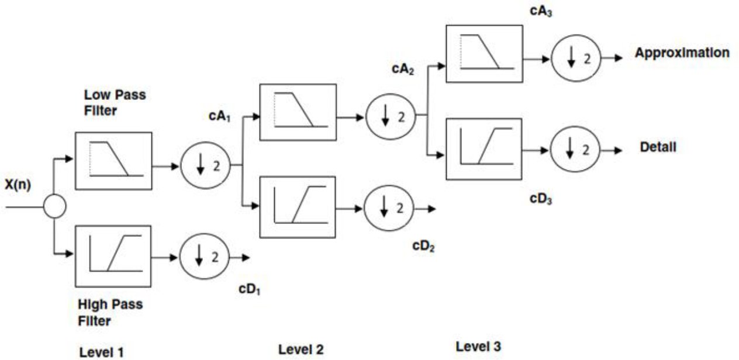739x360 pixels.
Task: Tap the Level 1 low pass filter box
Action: (113, 160)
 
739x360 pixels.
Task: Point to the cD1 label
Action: (250, 289)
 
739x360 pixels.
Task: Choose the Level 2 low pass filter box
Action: (298, 112)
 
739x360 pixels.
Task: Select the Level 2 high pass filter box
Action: (298, 207)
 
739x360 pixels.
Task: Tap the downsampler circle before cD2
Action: (389, 208)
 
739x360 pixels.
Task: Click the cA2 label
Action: (403, 70)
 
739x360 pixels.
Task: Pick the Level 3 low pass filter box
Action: (484, 53)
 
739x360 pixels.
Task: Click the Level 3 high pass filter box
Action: (484, 148)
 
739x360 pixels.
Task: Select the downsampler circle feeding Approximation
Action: (575, 59)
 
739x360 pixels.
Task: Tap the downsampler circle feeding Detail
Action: (575, 150)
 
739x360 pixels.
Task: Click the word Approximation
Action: (682, 53)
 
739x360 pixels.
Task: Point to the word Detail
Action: (658, 147)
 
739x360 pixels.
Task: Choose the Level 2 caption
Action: (301, 349)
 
